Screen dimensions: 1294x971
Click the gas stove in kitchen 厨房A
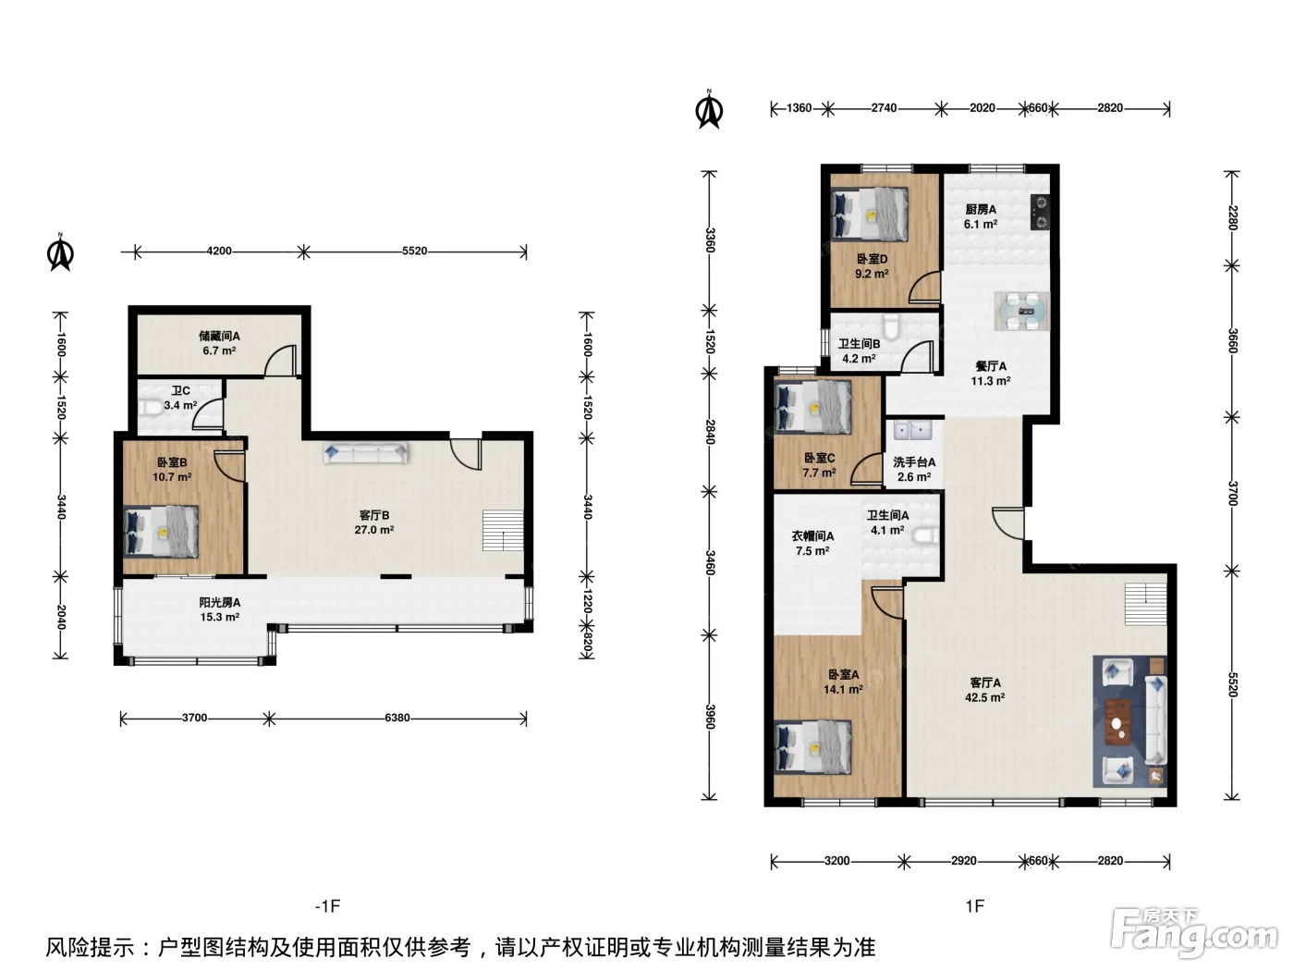[x=1040, y=213]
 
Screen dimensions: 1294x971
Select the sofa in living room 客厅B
[x=365, y=453]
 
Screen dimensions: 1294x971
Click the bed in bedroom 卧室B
[x=161, y=531]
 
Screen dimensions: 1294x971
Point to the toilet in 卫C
[x=150, y=407]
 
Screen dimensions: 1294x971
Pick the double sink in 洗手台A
[x=912, y=431]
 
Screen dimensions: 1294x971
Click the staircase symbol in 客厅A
[x=1145, y=604]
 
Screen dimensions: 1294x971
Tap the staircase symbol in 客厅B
[x=503, y=531]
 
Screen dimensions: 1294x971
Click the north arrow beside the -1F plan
[x=60, y=252]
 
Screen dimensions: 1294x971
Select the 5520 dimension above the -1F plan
[x=414, y=252]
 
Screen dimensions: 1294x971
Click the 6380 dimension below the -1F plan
[x=397, y=718]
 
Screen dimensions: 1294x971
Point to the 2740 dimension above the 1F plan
[x=885, y=108]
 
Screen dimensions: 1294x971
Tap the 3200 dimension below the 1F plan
[x=837, y=861]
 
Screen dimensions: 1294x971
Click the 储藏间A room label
[x=219, y=337]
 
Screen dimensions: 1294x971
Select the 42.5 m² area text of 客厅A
[x=984, y=697]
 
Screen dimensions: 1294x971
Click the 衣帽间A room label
[x=812, y=536]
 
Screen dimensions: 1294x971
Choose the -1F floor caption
[x=328, y=905]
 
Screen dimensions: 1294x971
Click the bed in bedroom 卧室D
[x=869, y=214]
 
